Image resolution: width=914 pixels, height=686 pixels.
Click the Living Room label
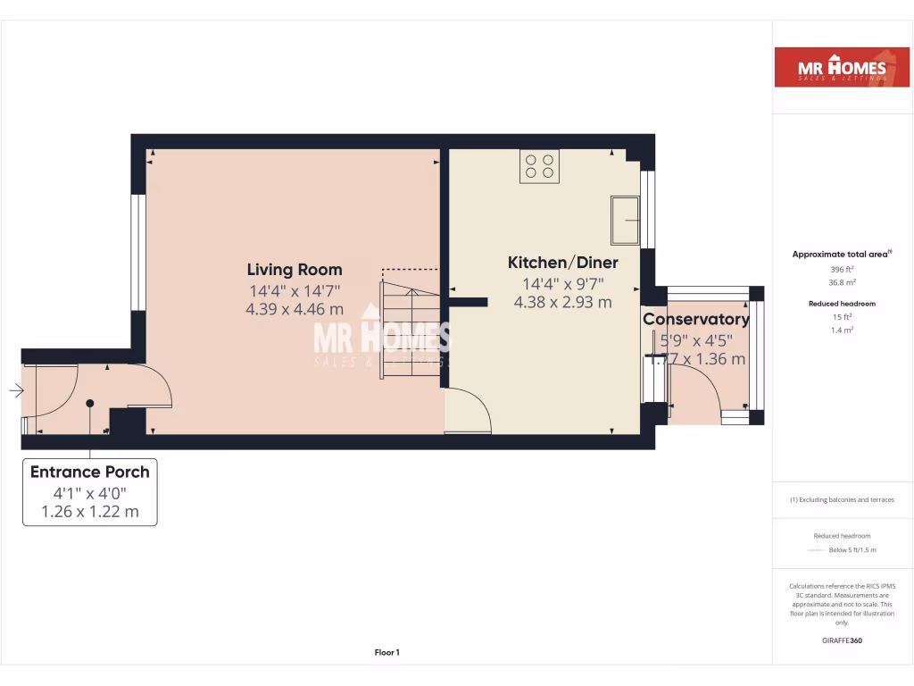pyautogui.click(x=294, y=270)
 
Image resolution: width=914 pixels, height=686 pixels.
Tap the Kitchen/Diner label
pyautogui.click(x=562, y=263)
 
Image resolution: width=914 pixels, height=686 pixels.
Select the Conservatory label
pyautogui.click(x=696, y=320)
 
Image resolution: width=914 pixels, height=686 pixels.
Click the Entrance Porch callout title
pyautogui.click(x=89, y=472)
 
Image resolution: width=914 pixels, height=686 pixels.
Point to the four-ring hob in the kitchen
pyautogui.click(x=539, y=166)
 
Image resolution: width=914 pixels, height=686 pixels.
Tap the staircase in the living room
pyautogui.click(x=410, y=326)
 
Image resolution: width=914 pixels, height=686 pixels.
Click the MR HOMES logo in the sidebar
pyautogui.click(x=830, y=67)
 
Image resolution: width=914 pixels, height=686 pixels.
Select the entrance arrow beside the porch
pyautogui.click(x=16, y=390)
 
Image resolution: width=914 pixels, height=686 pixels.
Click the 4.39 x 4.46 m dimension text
pyautogui.click(x=294, y=309)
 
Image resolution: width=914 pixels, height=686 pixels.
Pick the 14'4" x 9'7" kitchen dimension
pyautogui.click(x=562, y=284)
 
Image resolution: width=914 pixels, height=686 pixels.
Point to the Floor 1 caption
pyautogui.click(x=386, y=653)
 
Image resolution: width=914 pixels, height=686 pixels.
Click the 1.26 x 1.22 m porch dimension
pyautogui.click(x=89, y=511)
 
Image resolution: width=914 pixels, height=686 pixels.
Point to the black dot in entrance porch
pyautogui.click(x=89, y=404)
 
